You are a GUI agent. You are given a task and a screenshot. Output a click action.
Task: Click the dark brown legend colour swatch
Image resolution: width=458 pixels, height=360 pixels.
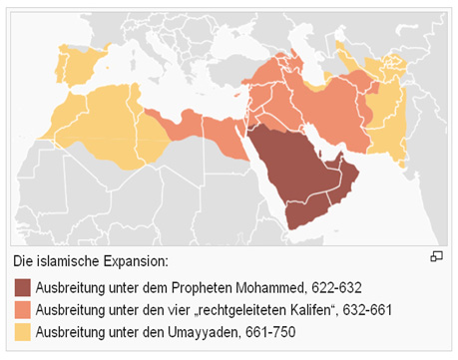pos(22,288)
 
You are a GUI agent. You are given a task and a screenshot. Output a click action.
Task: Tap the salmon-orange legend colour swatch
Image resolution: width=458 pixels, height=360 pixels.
pos(22,310)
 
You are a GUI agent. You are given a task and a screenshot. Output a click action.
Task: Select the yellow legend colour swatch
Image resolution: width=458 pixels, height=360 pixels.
pos(22,331)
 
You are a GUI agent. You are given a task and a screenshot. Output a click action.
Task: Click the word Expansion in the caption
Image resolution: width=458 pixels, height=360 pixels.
pos(135,261)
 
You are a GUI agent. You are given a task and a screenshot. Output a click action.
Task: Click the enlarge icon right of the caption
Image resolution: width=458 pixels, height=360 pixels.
pos(436,257)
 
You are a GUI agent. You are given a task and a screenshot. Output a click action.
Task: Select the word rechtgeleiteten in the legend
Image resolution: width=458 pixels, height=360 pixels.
pos(226,310)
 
